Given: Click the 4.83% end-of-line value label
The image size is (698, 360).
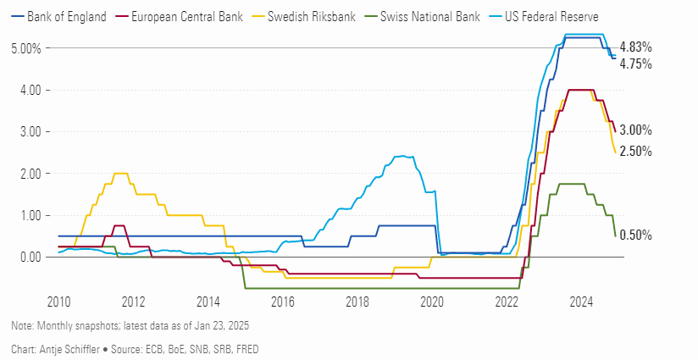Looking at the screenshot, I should tap(635, 47).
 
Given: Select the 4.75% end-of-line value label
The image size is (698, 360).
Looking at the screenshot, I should tap(635, 64).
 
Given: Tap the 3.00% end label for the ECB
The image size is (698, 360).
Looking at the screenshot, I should tap(635, 130).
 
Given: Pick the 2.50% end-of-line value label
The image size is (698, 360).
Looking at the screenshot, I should tap(635, 151).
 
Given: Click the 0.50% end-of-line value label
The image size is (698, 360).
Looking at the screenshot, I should tap(635, 235).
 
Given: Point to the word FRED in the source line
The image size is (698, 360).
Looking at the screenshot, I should tap(249, 348).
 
